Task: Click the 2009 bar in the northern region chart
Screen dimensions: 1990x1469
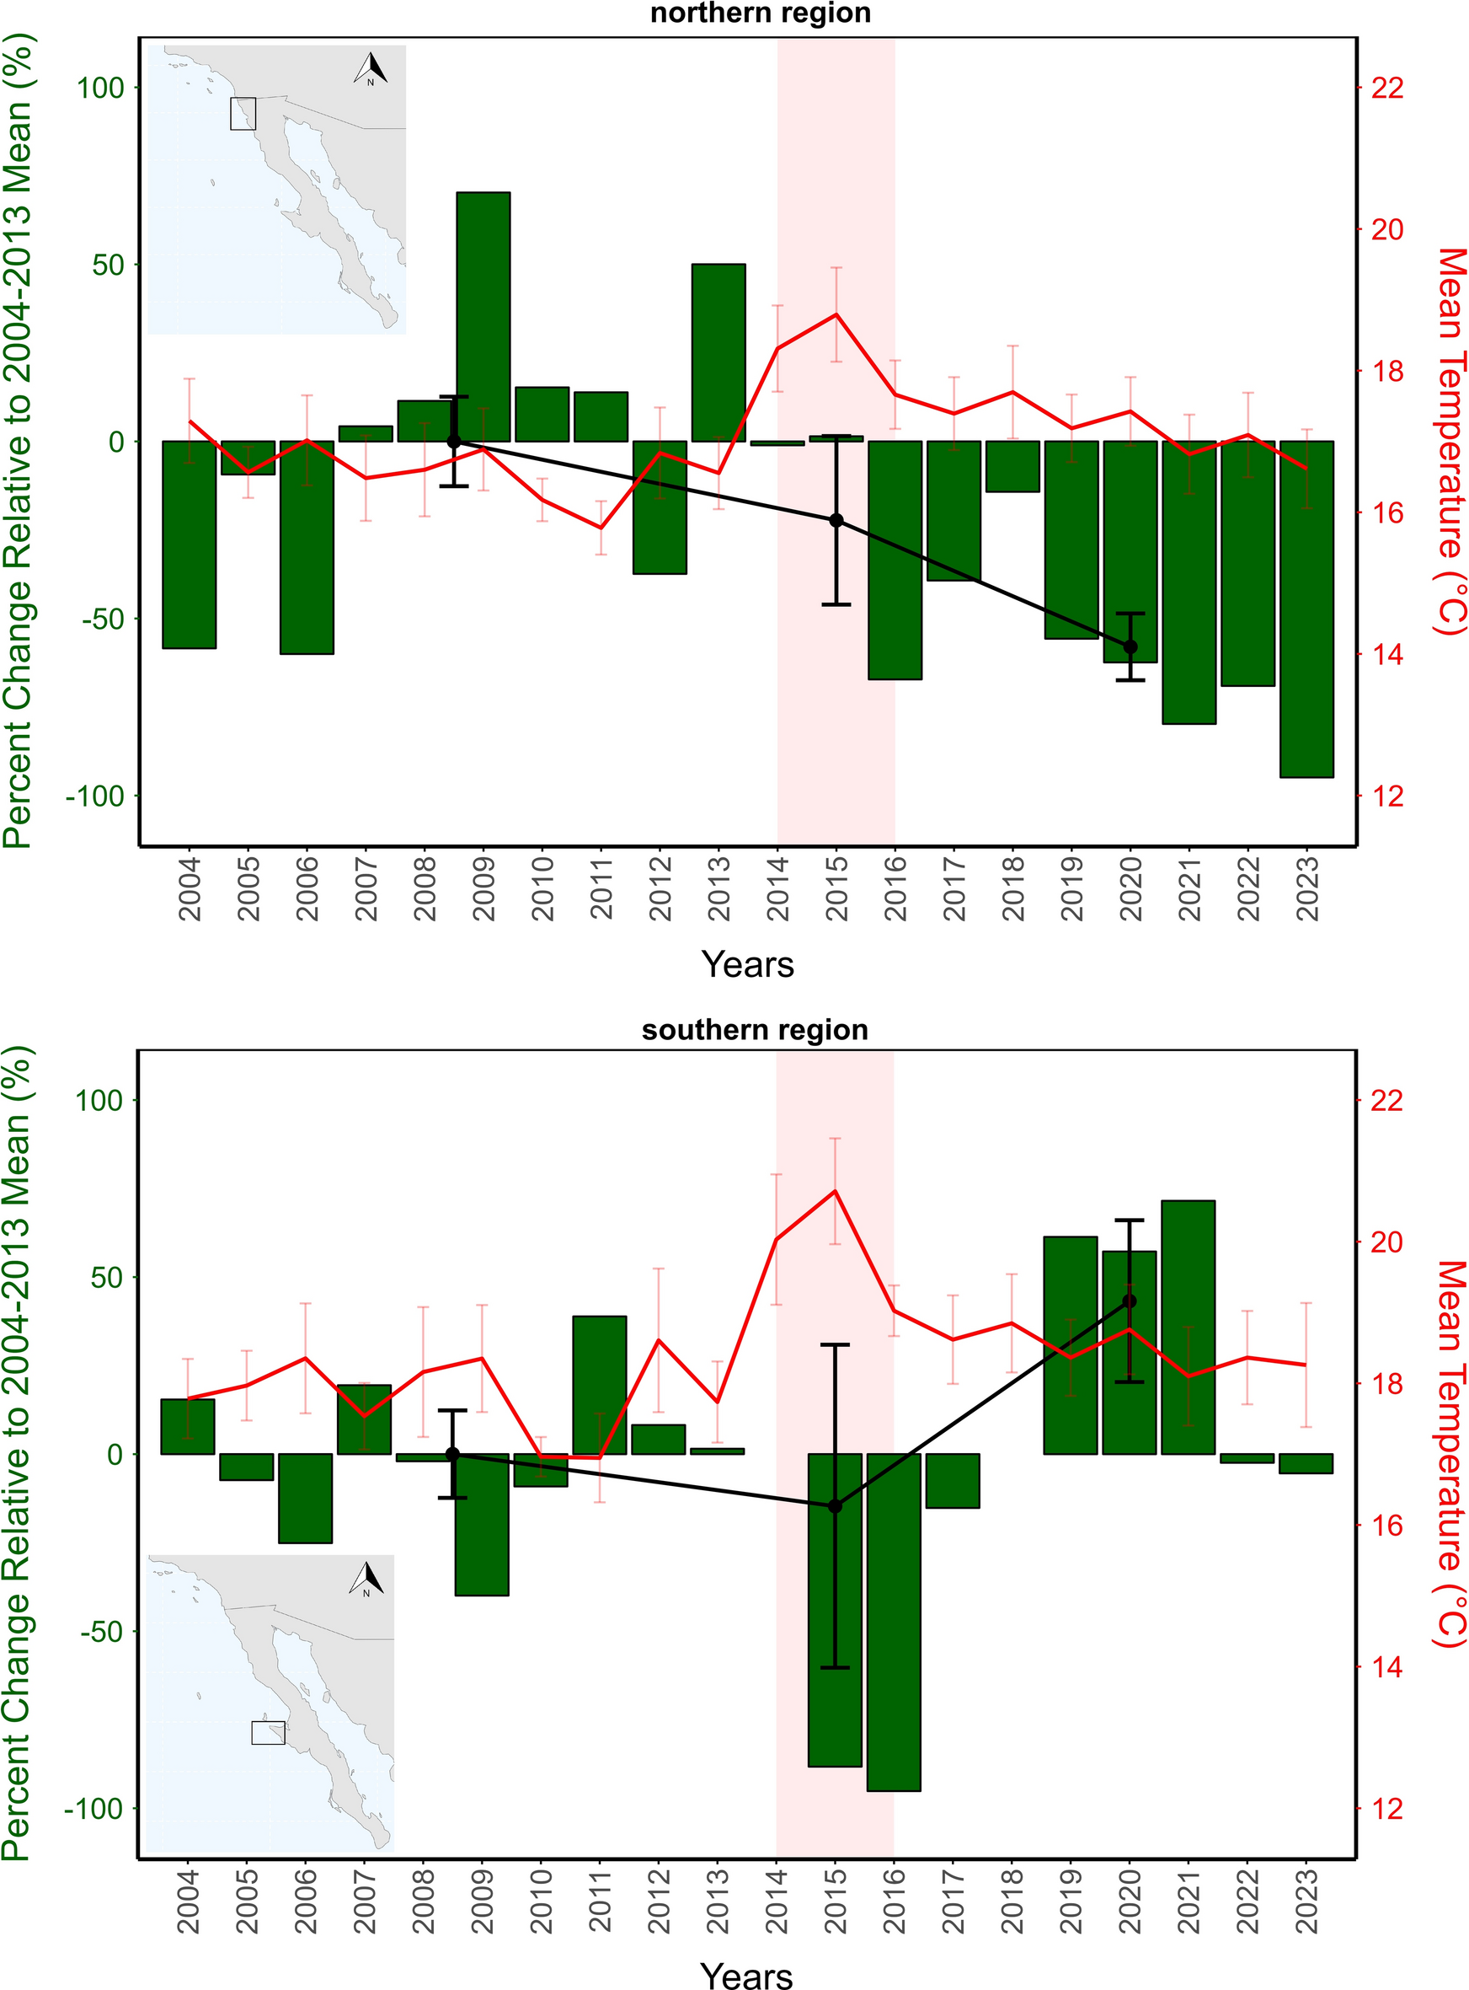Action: point(483,316)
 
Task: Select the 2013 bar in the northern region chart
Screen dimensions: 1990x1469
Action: point(718,351)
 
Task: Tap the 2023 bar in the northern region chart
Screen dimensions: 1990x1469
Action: point(1306,609)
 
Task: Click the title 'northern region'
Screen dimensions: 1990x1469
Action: point(761,13)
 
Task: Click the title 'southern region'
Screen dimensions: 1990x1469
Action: point(755,1029)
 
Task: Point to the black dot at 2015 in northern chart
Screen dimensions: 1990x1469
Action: point(836,520)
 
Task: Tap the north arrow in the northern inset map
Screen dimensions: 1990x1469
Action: point(371,68)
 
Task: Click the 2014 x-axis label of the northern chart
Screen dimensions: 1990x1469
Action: point(778,888)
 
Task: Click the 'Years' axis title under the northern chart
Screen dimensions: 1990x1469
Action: point(747,964)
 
